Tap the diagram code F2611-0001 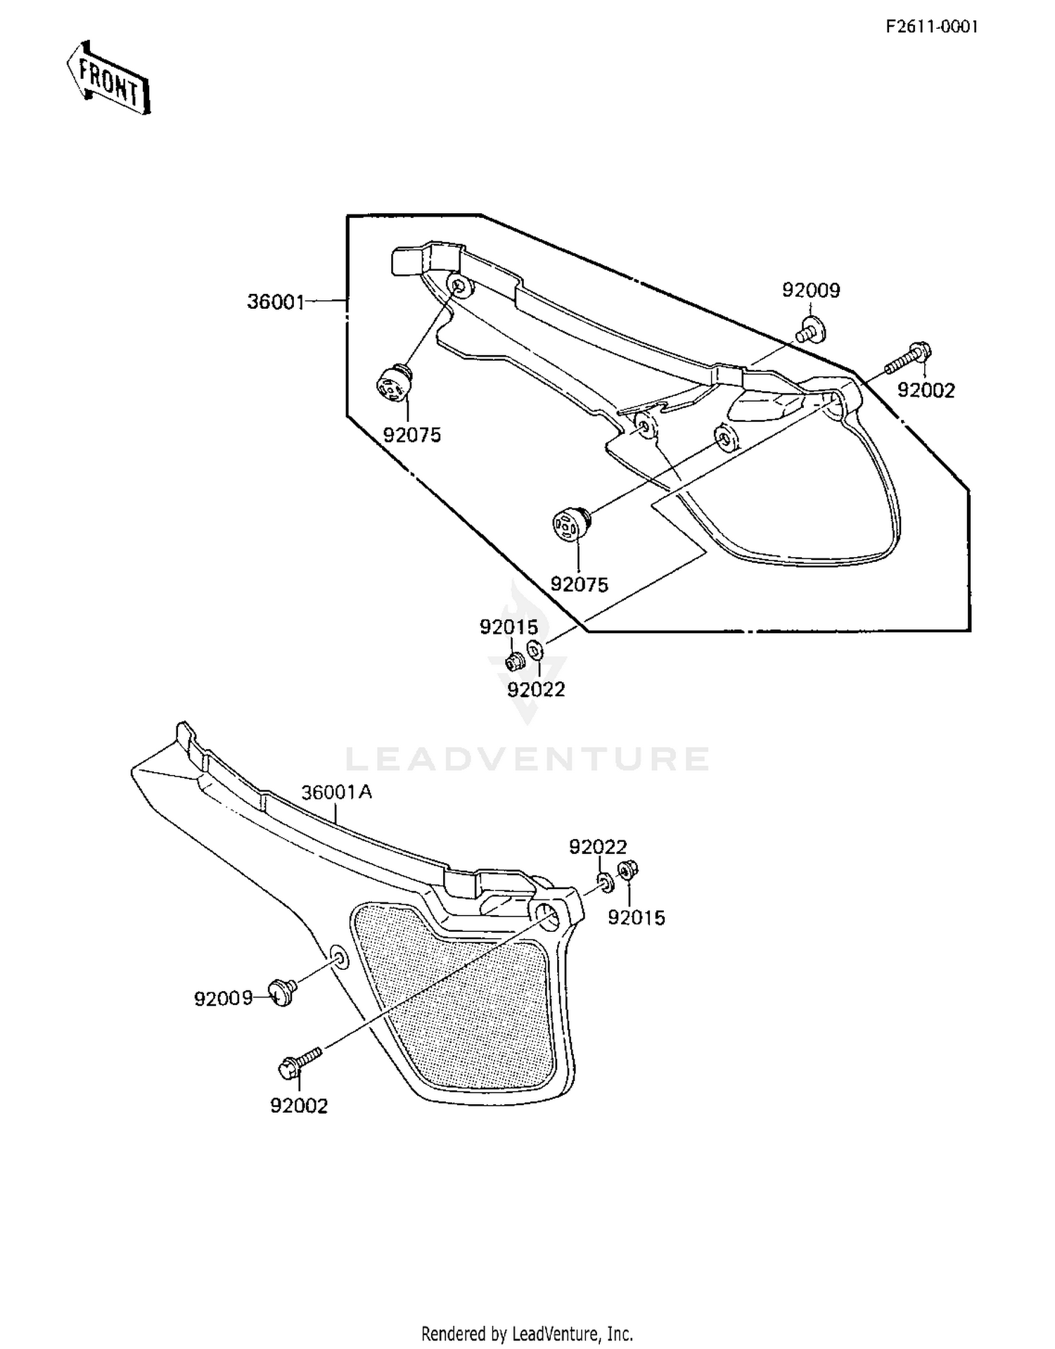pyautogui.click(x=931, y=27)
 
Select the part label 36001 pyautogui.click(x=276, y=302)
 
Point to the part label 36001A pyautogui.click(x=337, y=793)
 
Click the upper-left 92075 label pyautogui.click(x=412, y=435)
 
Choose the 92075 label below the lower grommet pyautogui.click(x=579, y=584)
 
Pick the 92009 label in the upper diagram pyautogui.click(x=811, y=290)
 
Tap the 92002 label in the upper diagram pyautogui.click(x=926, y=390)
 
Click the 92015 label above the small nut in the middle pyautogui.click(x=509, y=627)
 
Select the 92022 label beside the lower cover pyautogui.click(x=598, y=847)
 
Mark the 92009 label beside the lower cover pyautogui.click(x=223, y=999)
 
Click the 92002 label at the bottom pyautogui.click(x=299, y=1106)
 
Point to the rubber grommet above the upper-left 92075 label pyautogui.click(x=393, y=383)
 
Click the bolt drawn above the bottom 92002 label pyautogui.click(x=300, y=1063)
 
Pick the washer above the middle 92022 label pyautogui.click(x=535, y=651)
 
